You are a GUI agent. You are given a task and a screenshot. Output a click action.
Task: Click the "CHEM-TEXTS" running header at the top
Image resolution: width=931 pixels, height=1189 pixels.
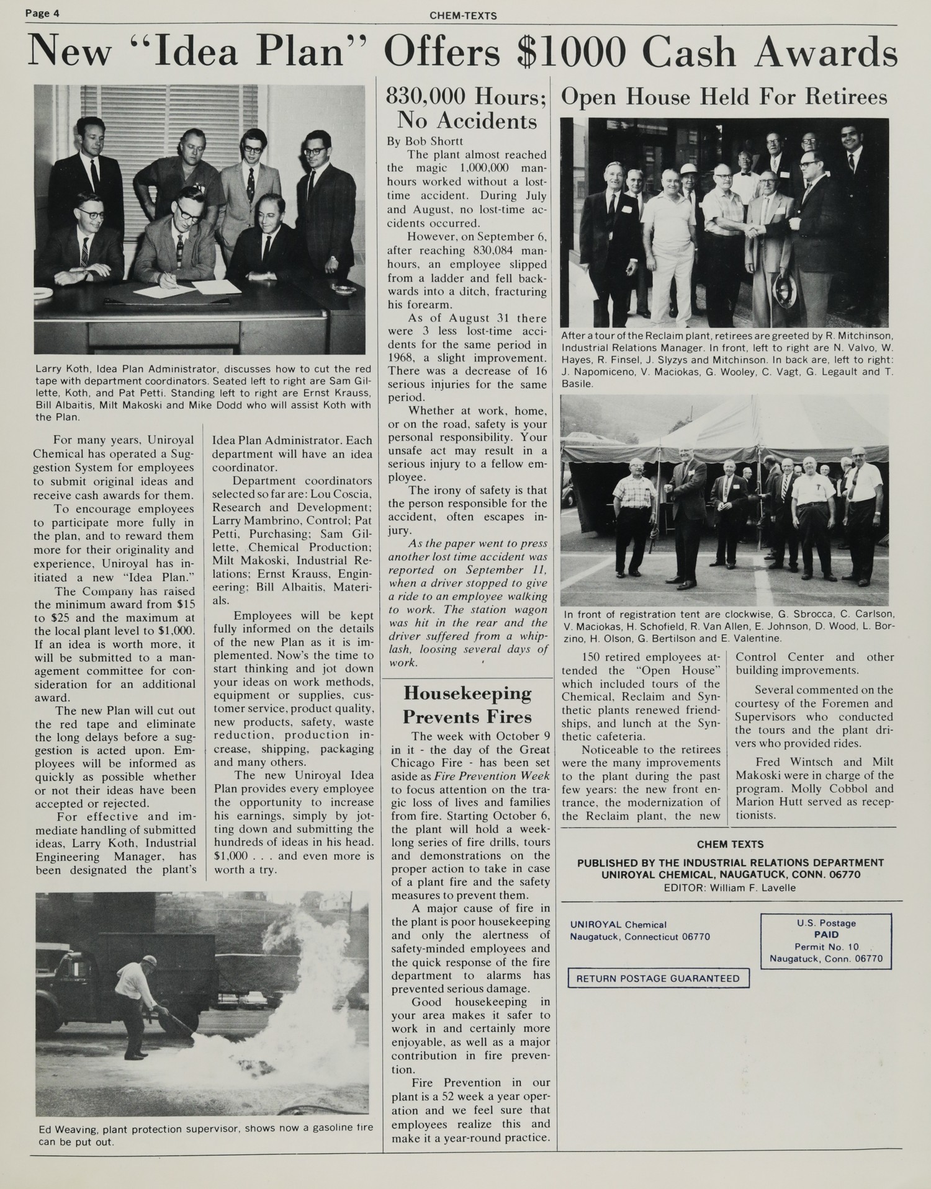point(463,16)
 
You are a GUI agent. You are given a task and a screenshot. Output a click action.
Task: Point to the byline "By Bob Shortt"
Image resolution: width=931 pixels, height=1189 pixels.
point(425,141)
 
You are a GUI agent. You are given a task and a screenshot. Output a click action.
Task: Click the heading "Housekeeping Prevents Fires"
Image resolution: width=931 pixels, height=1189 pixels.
point(467,705)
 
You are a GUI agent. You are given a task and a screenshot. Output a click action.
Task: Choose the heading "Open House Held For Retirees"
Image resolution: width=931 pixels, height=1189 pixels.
point(724,97)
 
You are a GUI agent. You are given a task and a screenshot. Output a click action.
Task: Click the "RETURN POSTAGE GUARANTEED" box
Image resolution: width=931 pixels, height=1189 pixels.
point(658,978)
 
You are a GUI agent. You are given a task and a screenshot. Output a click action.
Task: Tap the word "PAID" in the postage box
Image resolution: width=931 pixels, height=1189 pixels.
point(825,934)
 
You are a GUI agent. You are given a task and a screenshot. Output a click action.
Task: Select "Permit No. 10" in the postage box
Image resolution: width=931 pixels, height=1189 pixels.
point(826,946)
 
